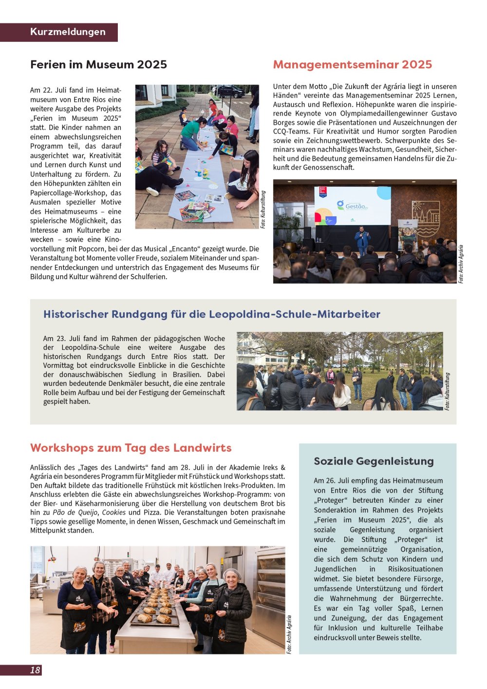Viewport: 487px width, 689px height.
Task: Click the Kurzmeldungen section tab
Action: point(68,32)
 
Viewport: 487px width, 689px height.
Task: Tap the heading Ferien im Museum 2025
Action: point(98,65)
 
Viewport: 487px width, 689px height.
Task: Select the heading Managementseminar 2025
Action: point(352,65)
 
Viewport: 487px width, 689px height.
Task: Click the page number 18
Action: point(35,670)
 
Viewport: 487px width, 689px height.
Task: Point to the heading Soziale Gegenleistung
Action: point(374,461)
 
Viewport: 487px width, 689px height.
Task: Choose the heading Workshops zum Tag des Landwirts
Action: point(131,448)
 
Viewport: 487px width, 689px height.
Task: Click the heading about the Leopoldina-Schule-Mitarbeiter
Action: point(211,314)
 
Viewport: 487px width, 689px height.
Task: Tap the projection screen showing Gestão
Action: point(353,206)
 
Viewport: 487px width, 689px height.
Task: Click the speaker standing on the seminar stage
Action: point(362,239)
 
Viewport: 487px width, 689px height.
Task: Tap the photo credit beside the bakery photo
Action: point(289,634)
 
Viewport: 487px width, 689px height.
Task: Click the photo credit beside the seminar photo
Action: point(461,264)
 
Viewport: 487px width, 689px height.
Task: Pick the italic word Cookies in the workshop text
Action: point(114,512)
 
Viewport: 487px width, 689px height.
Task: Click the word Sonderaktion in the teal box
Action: point(336,510)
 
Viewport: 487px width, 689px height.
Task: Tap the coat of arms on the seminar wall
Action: point(426,217)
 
